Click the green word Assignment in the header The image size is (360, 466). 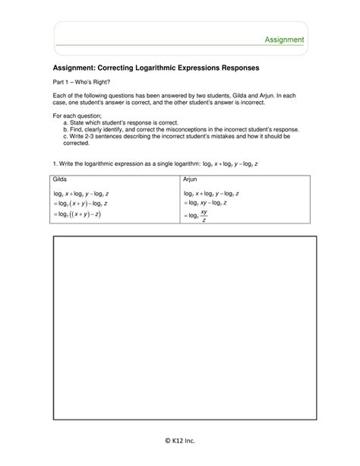tap(285, 39)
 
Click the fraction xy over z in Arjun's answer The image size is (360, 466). tap(204, 217)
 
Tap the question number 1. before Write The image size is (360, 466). tap(55, 163)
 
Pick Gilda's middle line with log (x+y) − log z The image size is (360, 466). tap(80, 204)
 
